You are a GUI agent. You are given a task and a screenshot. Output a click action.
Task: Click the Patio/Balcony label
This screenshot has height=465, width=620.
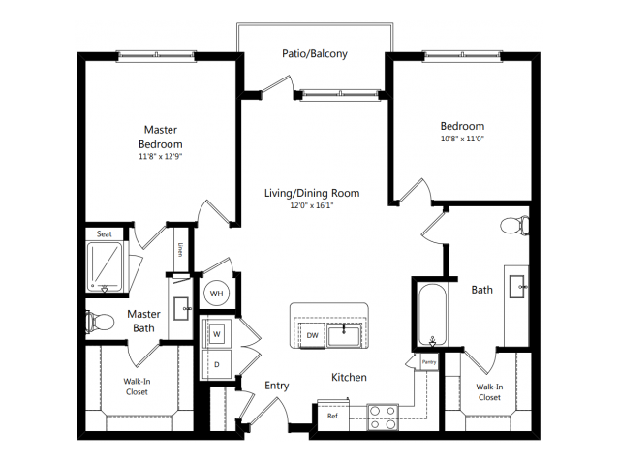[x=315, y=54]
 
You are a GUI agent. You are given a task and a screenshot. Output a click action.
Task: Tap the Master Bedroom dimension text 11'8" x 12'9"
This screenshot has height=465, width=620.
[x=160, y=156]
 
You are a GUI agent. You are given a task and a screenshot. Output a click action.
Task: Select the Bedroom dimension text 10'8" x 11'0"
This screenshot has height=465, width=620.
[x=462, y=139]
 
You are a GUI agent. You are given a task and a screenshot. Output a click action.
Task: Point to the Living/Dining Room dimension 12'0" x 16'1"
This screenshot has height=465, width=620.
[x=312, y=205]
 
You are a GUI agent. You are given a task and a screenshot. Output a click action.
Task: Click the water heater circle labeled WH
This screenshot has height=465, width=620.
[x=216, y=294]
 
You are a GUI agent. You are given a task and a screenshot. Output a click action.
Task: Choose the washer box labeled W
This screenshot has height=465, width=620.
[x=217, y=334]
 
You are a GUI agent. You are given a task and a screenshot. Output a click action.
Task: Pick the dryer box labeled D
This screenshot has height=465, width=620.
[x=217, y=364]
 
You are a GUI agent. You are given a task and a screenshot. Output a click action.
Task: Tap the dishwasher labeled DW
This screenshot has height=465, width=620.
[x=312, y=335]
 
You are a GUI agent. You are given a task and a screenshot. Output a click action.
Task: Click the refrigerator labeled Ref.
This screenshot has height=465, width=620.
[x=333, y=416]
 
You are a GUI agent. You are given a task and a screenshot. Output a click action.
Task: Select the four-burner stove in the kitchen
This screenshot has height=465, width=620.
[x=383, y=418]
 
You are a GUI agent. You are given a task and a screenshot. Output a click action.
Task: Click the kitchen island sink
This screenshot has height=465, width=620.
[x=344, y=335]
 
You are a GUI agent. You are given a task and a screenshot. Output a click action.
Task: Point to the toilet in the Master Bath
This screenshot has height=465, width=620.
[x=100, y=321]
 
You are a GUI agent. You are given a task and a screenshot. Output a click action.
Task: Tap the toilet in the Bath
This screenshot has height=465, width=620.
[x=514, y=226]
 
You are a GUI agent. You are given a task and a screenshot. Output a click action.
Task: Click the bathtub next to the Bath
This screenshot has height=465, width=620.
[x=433, y=315]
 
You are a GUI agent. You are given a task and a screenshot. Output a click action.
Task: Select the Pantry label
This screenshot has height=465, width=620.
[x=429, y=362]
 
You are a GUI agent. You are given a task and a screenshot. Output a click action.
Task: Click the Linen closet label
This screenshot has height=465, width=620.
[x=180, y=250]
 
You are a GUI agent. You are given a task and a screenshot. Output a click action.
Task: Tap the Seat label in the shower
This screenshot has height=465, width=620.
[x=105, y=234]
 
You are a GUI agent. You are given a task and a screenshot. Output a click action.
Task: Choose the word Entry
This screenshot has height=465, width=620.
[x=276, y=386]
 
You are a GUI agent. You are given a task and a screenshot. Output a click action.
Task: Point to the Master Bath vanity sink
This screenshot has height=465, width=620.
[x=182, y=308]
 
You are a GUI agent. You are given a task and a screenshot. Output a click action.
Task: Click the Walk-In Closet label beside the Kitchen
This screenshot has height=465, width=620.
[x=489, y=392]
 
